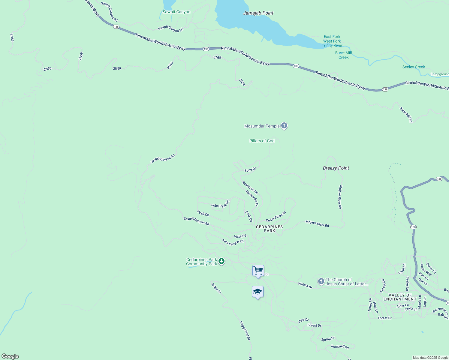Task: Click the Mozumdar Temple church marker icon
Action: coord(284,126)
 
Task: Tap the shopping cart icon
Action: coord(258,271)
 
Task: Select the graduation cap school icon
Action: coord(258,292)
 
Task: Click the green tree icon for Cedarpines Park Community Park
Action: coord(221,261)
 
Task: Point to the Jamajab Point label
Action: coord(258,13)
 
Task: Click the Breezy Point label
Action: coord(336,168)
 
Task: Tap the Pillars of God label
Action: coord(262,141)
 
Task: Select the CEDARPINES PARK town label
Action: coord(269,229)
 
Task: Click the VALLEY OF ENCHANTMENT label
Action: coord(400,297)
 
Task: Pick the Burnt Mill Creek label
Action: coord(343,55)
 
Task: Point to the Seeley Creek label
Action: coord(413,67)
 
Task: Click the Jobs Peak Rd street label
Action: coord(220,204)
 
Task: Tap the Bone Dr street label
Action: coord(250,169)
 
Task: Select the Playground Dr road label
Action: coord(245,330)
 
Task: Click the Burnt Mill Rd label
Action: coord(406,114)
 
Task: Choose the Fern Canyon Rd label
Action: coord(233,242)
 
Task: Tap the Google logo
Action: coord(10,356)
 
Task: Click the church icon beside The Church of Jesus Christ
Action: coord(321,281)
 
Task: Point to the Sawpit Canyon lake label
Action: coord(176,12)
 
